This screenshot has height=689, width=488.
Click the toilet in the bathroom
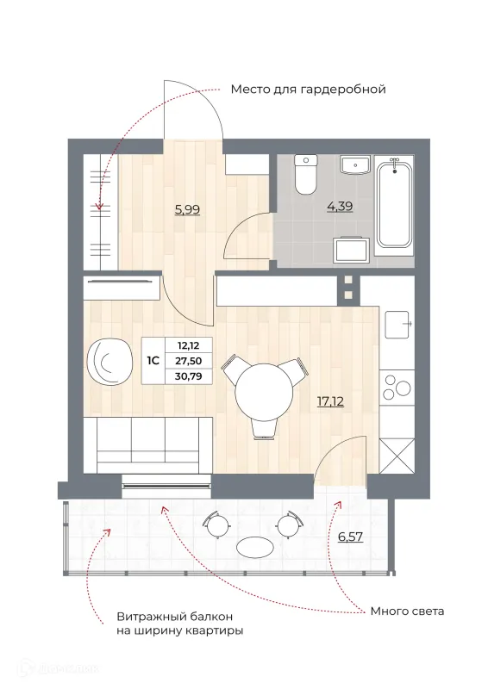tap(306, 175)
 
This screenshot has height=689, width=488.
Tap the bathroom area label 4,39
tap(340, 206)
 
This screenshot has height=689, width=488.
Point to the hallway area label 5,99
tap(187, 209)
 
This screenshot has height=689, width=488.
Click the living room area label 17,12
tap(330, 400)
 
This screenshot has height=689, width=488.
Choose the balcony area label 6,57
tap(351, 537)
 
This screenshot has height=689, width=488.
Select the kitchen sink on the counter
tap(397, 325)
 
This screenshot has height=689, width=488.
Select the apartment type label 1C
tap(153, 361)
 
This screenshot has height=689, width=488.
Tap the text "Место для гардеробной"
tap(308, 90)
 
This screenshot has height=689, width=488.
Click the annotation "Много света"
tap(407, 611)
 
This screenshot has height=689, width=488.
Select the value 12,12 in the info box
tap(188, 345)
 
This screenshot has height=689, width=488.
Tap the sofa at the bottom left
tap(147, 445)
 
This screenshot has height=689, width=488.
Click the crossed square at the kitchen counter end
tap(397, 456)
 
